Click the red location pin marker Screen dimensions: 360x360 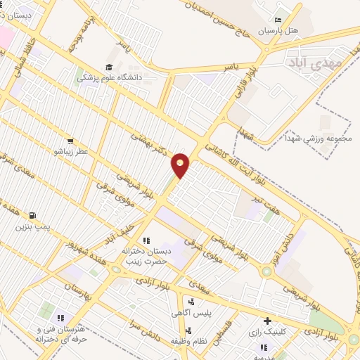click(x=181, y=165)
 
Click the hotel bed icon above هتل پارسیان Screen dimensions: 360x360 click(x=278, y=20)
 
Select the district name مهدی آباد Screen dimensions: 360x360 click(x=314, y=63)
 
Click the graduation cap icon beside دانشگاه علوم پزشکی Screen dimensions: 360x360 click(x=109, y=67)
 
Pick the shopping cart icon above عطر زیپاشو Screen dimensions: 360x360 click(x=70, y=140)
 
